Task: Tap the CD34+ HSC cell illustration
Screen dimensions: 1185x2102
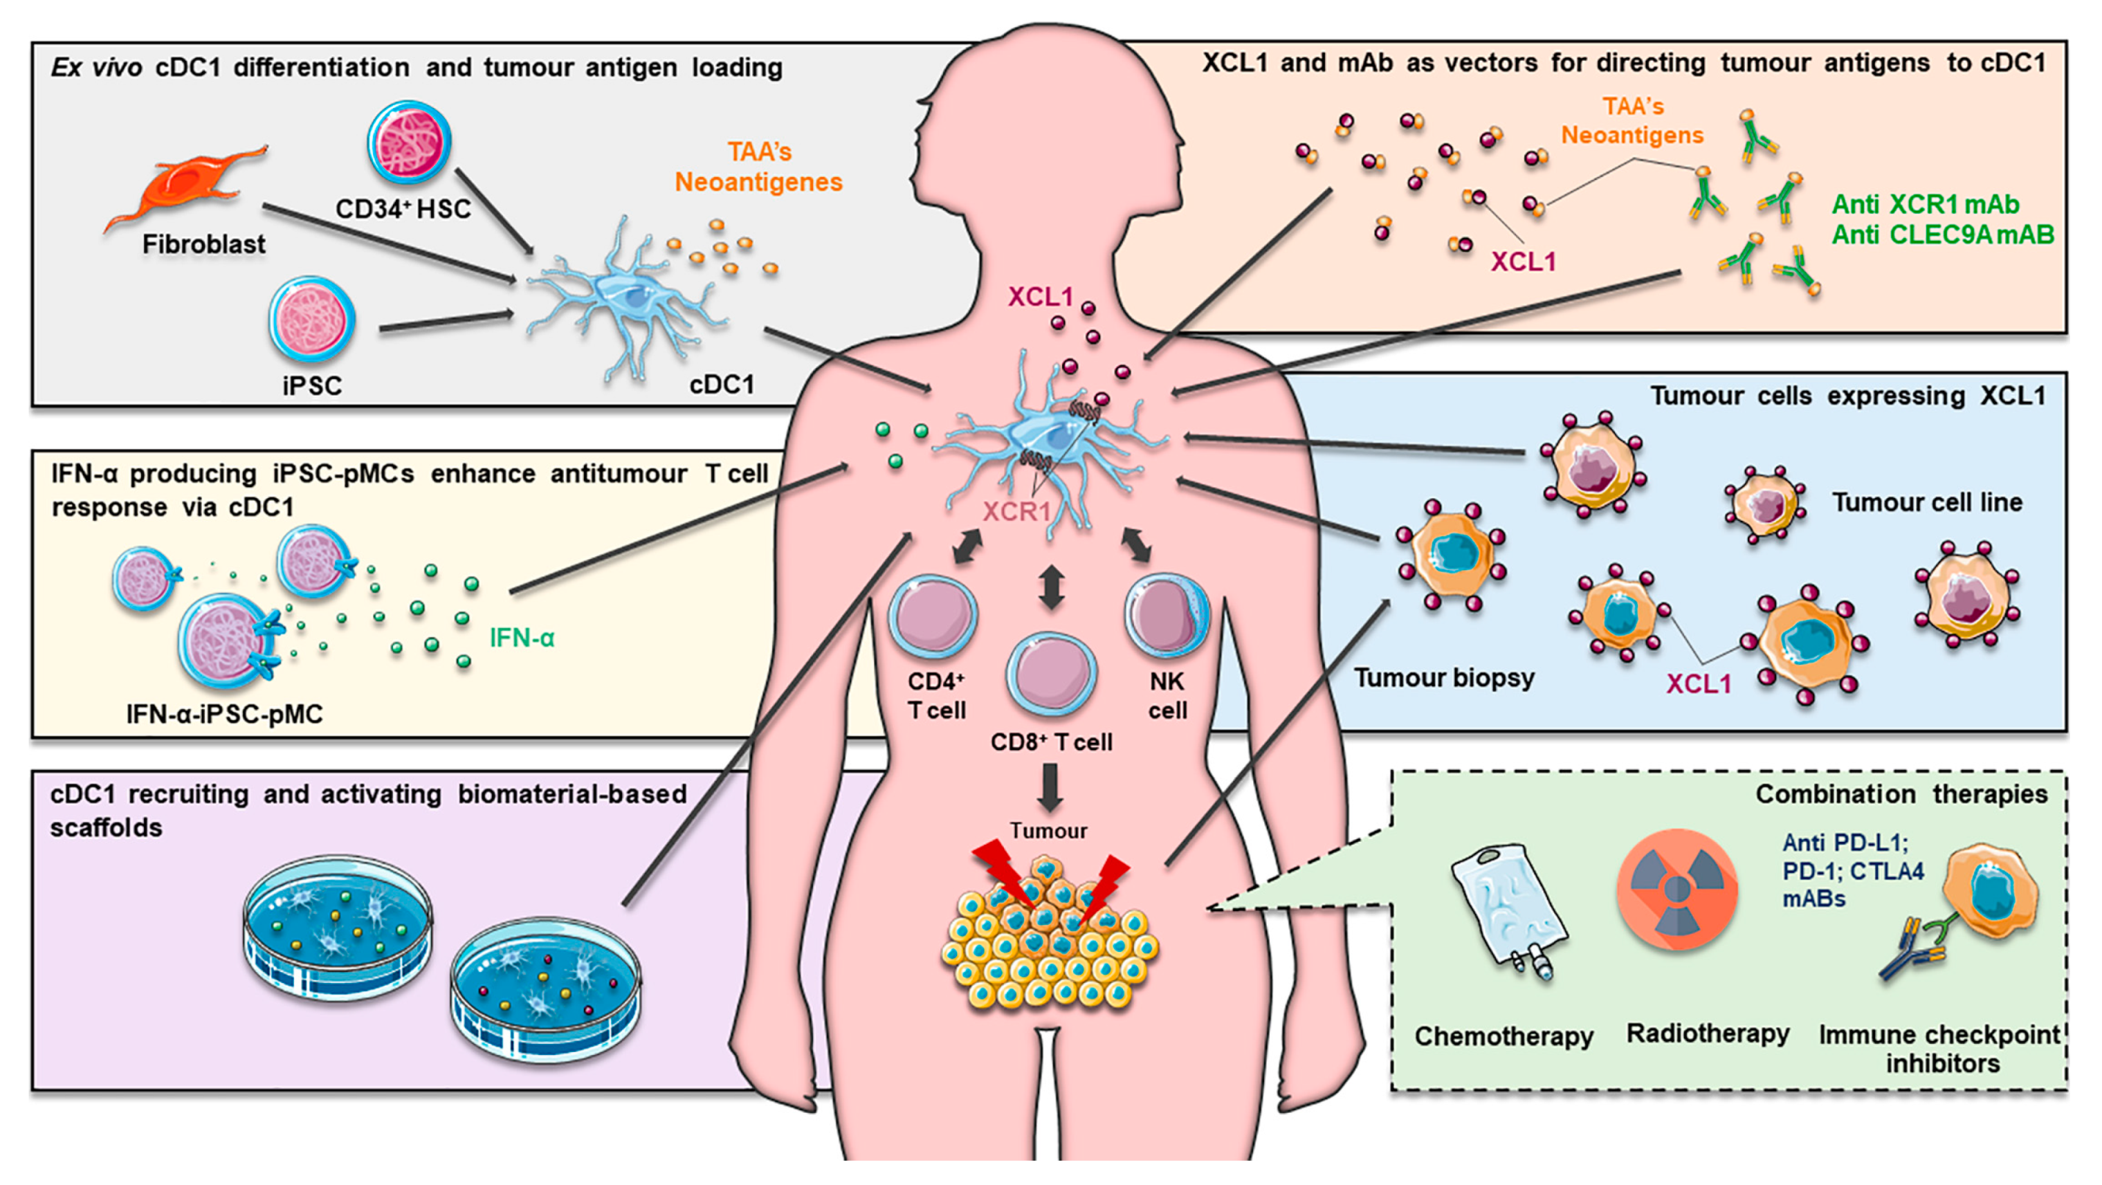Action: pos(409,142)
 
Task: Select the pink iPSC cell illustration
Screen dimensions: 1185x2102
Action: pos(312,319)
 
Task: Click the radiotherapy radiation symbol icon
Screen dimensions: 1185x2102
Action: pos(1677,890)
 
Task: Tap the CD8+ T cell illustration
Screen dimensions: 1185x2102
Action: pos(1051,674)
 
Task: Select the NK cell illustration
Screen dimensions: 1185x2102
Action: pos(1167,616)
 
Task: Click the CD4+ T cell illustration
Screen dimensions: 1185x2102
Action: pos(933,616)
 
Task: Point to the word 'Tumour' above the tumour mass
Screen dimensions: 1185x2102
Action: pos(1048,831)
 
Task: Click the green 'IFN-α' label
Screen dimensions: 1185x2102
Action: pos(522,637)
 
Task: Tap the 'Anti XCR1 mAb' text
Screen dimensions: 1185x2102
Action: pos(1925,204)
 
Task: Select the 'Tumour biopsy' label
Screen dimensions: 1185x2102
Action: pos(1443,678)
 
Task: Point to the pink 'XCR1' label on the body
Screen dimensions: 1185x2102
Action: pos(1016,512)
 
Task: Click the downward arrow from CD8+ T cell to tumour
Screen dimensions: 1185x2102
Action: pos(1051,787)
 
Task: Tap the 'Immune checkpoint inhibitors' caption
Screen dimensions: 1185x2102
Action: pos(1940,1049)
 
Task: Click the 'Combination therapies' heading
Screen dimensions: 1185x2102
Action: pos(1901,794)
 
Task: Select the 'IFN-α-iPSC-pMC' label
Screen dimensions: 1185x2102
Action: pos(224,714)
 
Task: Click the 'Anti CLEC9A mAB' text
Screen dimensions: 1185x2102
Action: pos(1942,235)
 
